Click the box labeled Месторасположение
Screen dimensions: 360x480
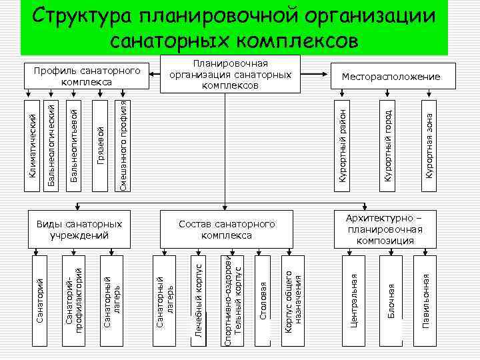pos(391,77)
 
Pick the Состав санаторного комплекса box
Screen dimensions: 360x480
pos(227,229)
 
